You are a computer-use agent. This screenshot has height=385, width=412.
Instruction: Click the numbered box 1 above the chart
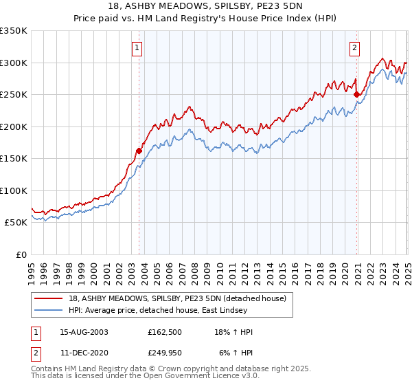point(138,48)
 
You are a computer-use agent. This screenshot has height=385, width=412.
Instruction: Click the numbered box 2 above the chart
point(354,48)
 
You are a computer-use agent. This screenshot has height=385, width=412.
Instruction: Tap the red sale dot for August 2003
point(139,150)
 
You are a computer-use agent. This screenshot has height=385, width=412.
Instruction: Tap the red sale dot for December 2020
point(356,95)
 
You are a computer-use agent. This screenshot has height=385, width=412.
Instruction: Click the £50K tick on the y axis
point(16,223)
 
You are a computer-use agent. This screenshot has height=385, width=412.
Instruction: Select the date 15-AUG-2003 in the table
point(84,332)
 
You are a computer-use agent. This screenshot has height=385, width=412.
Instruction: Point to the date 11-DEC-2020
point(84,352)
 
